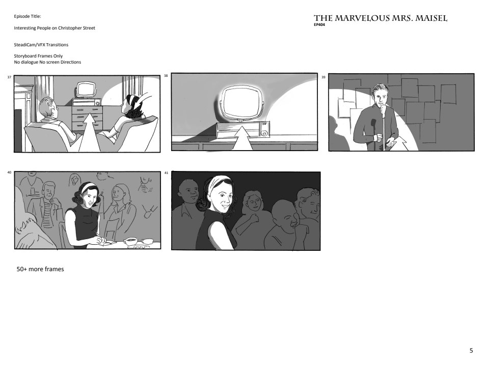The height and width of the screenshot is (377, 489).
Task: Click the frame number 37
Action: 9,77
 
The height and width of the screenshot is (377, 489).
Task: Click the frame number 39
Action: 323,77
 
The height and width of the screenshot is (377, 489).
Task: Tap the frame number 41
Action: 166,173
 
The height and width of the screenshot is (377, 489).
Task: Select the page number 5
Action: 471,351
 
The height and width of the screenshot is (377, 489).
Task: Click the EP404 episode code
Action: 319,24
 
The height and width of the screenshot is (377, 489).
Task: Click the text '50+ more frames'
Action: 40,269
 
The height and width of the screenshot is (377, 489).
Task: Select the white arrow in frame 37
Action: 90,132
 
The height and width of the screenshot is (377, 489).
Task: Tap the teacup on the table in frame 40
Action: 131,241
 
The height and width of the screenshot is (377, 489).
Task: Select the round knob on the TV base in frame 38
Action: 264,133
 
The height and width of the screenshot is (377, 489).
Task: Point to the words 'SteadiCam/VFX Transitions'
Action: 41,45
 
